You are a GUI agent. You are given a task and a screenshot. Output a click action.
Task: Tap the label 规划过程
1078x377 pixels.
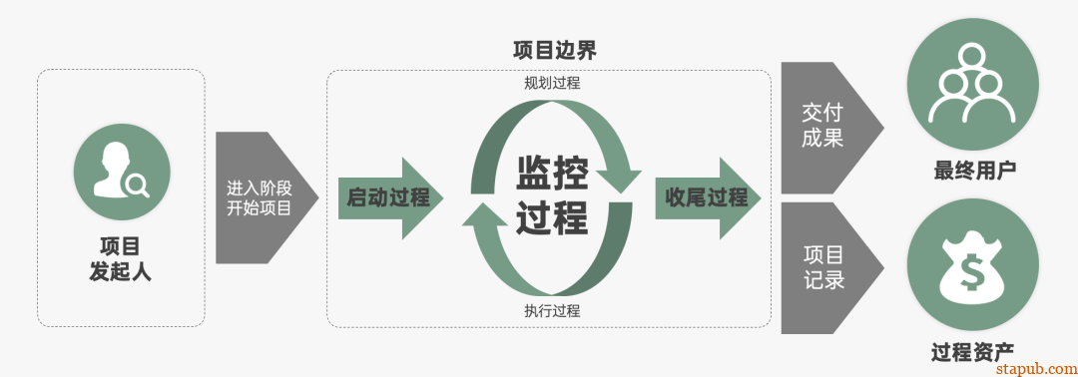tap(552, 83)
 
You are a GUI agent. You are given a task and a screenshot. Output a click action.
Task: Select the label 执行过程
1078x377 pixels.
tap(552, 310)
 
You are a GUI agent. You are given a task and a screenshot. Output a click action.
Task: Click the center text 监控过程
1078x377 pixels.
tap(552, 195)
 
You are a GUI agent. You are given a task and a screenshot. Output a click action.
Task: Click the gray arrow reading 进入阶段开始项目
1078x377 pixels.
tap(262, 197)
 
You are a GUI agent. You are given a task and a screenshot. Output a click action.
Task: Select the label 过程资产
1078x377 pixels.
tap(972, 351)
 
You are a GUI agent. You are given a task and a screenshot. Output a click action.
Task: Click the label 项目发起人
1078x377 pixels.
tap(121, 257)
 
